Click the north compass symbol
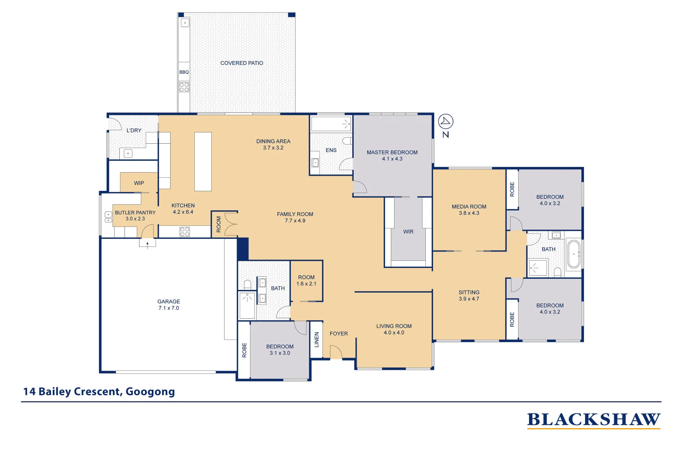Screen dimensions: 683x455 pyautogui.click(x=446, y=122)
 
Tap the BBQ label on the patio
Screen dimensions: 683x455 pyautogui.click(x=184, y=72)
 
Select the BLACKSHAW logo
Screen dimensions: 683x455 pyautogui.click(x=594, y=420)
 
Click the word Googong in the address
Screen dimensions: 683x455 pyautogui.click(x=150, y=392)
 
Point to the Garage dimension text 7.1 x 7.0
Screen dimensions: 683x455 pyautogui.click(x=169, y=308)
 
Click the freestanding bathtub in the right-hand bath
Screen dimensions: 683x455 pyautogui.click(x=574, y=254)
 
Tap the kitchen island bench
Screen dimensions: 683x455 pyautogui.click(x=203, y=161)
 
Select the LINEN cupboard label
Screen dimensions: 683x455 pyautogui.click(x=317, y=340)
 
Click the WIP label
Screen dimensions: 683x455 pyautogui.click(x=139, y=183)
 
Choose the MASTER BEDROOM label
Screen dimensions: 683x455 pyautogui.click(x=392, y=153)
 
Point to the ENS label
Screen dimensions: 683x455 pyautogui.click(x=331, y=150)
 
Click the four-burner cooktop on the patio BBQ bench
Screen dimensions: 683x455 pyautogui.click(x=184, y=87)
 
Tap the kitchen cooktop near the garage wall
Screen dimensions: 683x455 pyautogui.click(x=185, y=232)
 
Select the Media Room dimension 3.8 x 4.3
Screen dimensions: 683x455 pyautogui.click(x=469, y=213)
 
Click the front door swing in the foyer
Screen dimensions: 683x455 pyautogui.click(x=336, y=352)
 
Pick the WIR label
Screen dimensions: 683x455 pyautogui.click(x=408, y=232)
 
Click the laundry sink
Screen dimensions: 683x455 pyautogui.click(x=128, y=153)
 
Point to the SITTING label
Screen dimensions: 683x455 pyautogui.click(x=469, y=292)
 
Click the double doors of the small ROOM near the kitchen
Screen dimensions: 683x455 pyautogui.click(x=231, y=224)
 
